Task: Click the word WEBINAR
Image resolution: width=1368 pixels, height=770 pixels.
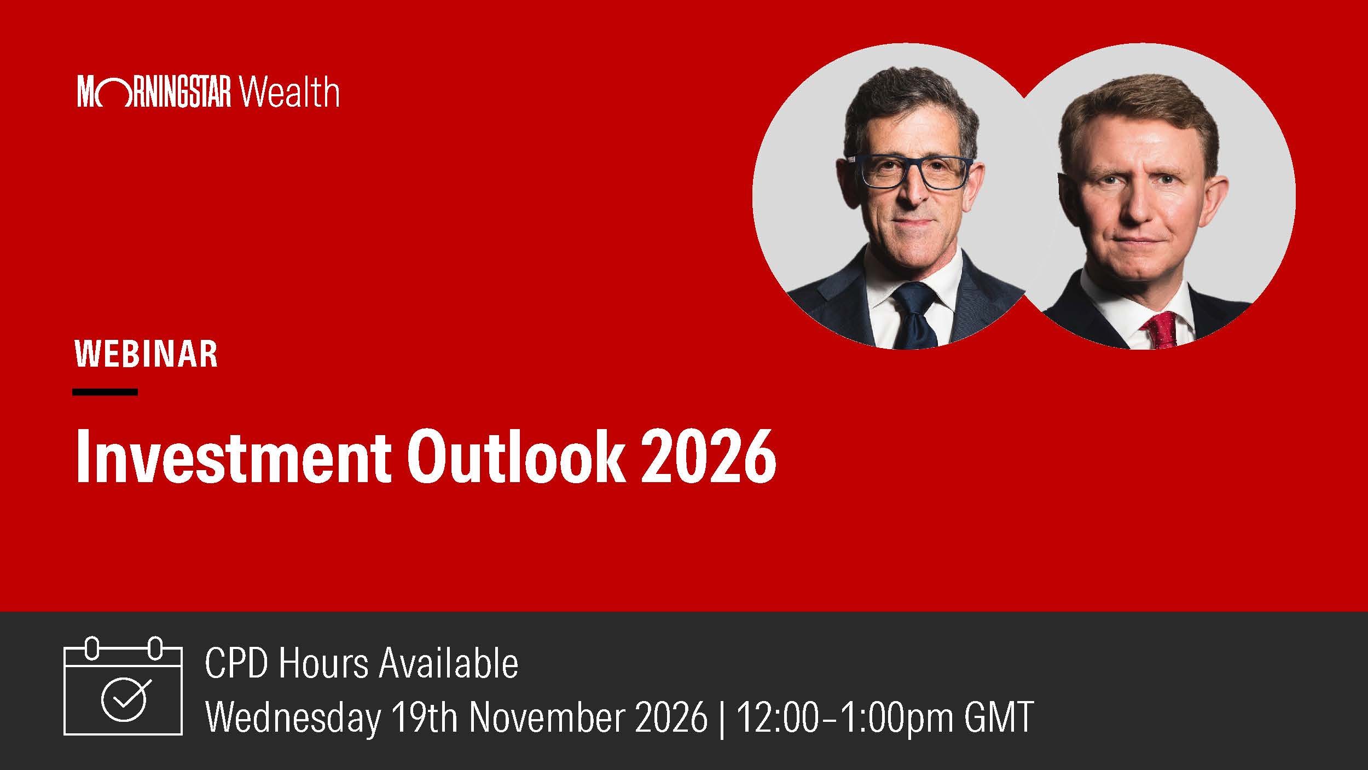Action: coord(146,354)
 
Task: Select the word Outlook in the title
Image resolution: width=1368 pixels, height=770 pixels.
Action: coord(515,456)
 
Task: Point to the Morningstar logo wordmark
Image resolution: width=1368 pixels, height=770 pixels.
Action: coord(155,92)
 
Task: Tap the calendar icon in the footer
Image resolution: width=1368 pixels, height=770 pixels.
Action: coord(123,685)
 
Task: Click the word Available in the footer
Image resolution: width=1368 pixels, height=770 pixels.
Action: coord(449,663)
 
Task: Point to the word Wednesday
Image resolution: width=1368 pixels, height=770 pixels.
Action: coord(293,717)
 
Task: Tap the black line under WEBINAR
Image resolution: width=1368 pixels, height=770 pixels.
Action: coord(105,392)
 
